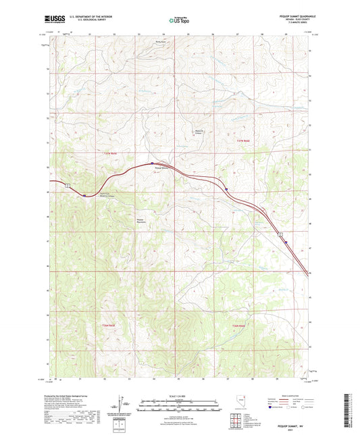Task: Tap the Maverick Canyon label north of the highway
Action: pyautogui.click(x=199, y=132)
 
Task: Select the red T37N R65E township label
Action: pyautogui.click(x=111, y=154)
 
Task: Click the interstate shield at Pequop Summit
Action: pyautogui.click(x=153, y=163)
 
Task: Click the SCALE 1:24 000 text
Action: pyautogui.click(x=180, y=396)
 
